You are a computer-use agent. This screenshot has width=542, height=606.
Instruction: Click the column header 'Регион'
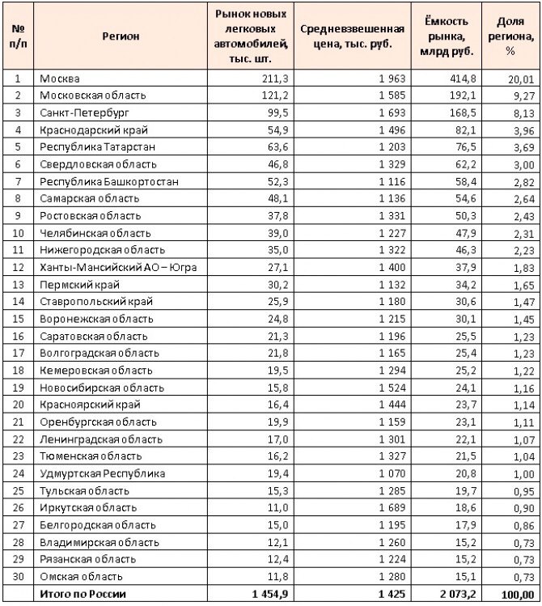(121, 36)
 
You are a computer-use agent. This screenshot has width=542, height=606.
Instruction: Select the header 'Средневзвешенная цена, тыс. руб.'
(346, 36)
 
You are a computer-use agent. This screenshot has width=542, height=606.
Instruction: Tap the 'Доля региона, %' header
(510, 36)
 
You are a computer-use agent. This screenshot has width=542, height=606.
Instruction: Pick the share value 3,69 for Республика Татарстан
(523, 146)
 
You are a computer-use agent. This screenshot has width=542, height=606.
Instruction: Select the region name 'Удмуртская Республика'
(102, 473)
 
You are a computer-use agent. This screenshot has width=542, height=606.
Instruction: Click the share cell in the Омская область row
(523, 576)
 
